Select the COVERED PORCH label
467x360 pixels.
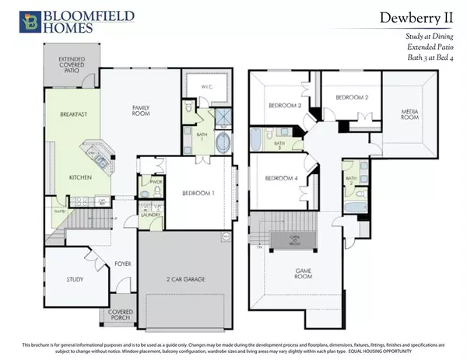[120, 313]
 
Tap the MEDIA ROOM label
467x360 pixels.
[409, 117]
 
